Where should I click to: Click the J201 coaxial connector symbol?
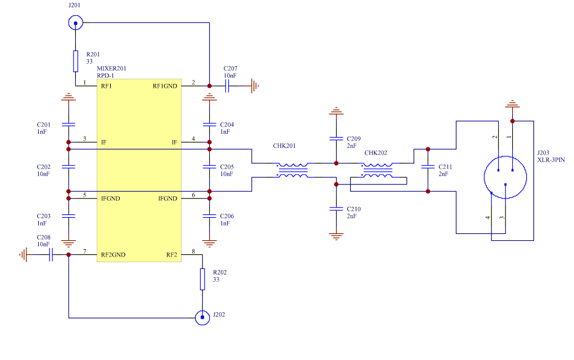(75, 23)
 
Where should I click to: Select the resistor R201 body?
(75, 61)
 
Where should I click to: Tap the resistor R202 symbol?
(202, 279)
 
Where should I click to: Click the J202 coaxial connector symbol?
(202, 318)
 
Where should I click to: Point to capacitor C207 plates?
(229, 86)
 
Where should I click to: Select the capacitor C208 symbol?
(51, 255)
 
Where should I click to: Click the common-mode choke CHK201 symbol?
(293, 171)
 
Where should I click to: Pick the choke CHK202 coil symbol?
(378, 171)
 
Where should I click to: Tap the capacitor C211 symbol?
(428, 167)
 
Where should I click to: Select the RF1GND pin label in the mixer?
(165, 86)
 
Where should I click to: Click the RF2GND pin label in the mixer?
(113, 255)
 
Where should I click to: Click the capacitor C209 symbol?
(336, 138)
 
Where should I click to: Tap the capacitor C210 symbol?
(336, 209)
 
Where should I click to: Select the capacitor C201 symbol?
(69, 124)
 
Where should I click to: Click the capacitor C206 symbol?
(209, 216)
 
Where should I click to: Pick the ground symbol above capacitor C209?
(336, 110)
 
